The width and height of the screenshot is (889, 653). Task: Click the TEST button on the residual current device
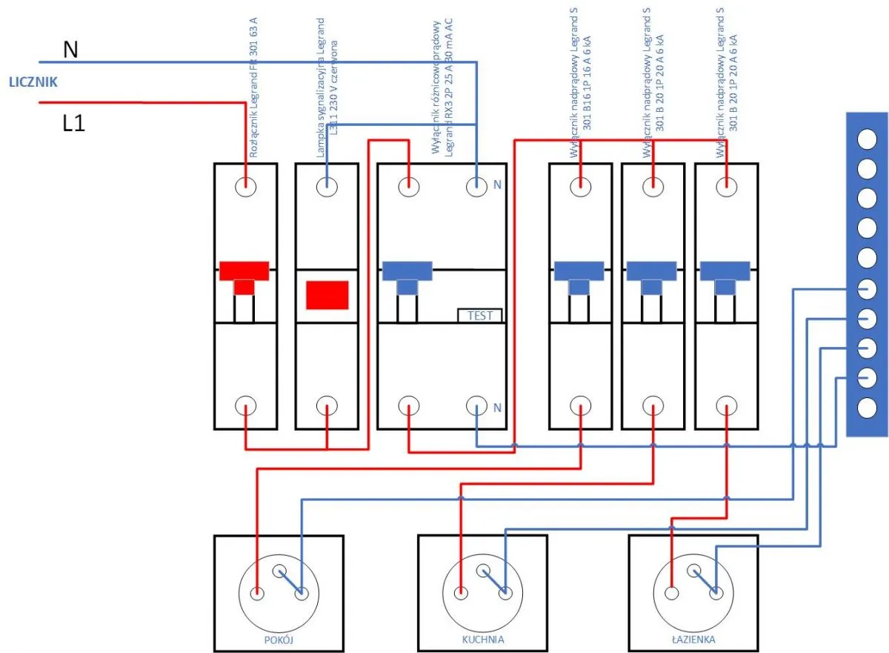[479, 315]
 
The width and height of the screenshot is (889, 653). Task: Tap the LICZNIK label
[33, 82]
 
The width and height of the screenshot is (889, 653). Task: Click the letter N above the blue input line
[70, 49]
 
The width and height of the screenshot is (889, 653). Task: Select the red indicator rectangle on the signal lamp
[327, 294]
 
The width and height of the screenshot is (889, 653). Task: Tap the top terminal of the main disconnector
[245, 185]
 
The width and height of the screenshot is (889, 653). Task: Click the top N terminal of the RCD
[476, 185]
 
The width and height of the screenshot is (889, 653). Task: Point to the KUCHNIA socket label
[483, 638]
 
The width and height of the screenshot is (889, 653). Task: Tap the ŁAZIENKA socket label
[693, 638]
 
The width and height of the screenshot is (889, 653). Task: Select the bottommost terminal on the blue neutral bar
[866, 407]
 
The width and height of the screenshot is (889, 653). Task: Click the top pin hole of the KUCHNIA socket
[484, 570]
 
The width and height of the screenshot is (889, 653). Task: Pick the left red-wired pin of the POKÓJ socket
[257, 593]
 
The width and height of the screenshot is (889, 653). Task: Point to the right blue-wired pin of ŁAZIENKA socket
[716, 593]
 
